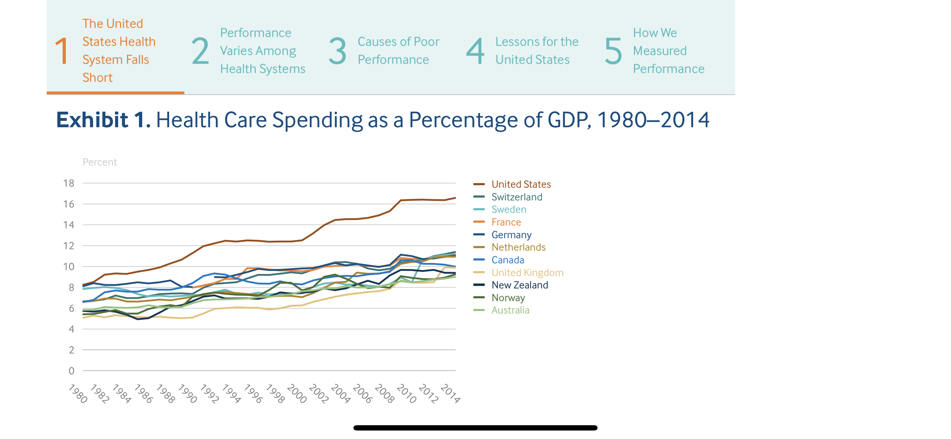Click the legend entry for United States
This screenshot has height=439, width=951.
(x=520, y=184)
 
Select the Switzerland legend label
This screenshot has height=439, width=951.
(x=517, y=197)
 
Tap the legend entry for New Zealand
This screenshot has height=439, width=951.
(x=519, y=285)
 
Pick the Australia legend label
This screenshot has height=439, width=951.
(x=510, y=310)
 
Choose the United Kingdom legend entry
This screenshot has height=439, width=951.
(x=527, y=272)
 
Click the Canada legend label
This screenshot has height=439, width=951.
(x=507, y=260)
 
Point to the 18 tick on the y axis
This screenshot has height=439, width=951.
(x=69, y=183)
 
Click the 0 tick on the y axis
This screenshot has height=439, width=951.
(x=71, y=370)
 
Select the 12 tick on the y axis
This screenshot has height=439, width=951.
(x=69, y=245)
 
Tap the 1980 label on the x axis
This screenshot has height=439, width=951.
(x=78, y=394)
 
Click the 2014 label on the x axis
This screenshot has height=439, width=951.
(x=450, y=394)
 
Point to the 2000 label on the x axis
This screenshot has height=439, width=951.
(x=297, y=394)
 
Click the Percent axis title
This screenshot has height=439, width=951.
(x=100, y=162)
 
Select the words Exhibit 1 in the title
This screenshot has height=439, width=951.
(x=103, y=120)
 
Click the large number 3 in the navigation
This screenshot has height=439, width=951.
(x=338, y=51)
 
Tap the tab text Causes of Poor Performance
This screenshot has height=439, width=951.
(x=398, y=51)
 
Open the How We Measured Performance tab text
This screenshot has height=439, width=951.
(x=668, y=51)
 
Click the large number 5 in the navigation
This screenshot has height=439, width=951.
(x=613, y=51)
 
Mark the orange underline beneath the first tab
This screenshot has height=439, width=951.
(x=115, y=93)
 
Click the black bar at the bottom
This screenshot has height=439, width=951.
(x=475, y=428)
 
